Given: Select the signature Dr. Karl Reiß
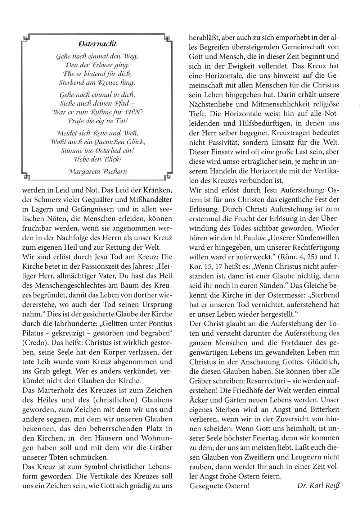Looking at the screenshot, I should pos(318,485).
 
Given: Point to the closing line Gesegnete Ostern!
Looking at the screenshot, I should pos(219,485).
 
